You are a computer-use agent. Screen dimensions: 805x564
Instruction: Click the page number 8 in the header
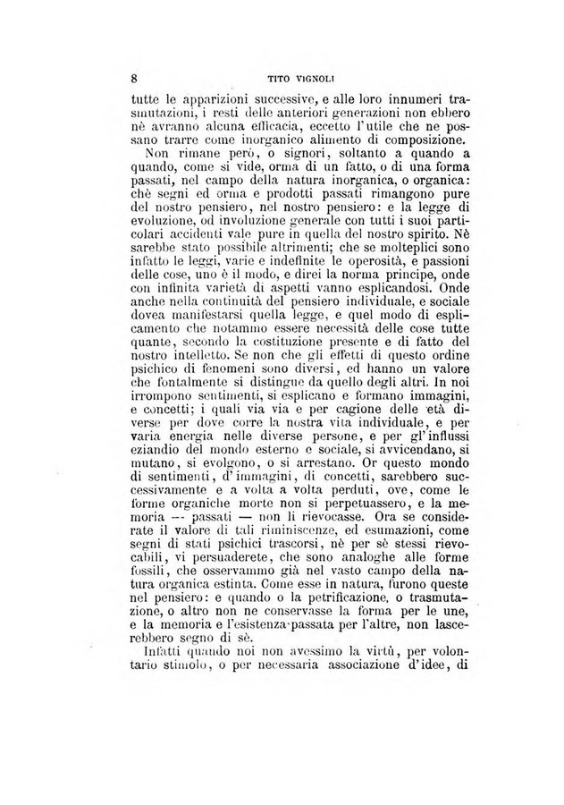(x=134, y=78)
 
